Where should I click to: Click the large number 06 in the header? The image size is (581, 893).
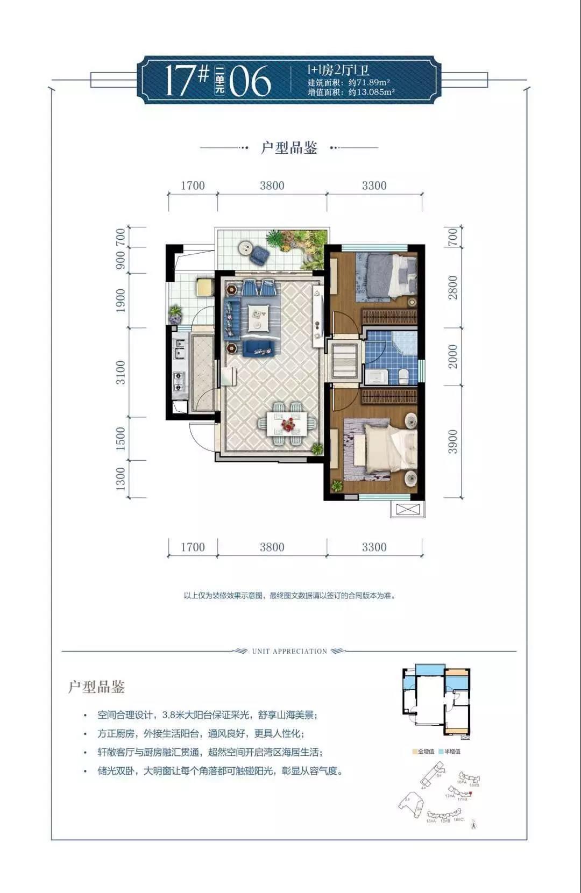click(250, 82)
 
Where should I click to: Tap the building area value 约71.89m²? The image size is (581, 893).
click(369, 82)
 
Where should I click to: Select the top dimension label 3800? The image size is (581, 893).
click(272, 185)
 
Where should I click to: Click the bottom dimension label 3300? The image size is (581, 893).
click(374, 547)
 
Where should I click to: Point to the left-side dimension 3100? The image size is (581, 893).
click(120, 372)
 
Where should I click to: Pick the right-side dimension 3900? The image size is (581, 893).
click(453, 441)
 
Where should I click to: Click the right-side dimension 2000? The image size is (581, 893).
click(453, 356)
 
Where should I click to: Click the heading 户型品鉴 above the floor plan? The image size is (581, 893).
click(289, 147)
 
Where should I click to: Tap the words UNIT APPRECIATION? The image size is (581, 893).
click(289, 651)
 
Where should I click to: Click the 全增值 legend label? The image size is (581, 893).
click(426, 752)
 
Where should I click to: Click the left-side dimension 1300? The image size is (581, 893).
click(120, 478)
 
